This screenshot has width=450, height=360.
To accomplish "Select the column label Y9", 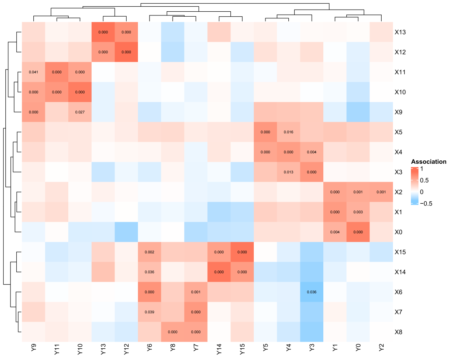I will coord(33,348).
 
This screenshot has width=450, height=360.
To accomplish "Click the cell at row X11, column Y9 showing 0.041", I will coord(33,72).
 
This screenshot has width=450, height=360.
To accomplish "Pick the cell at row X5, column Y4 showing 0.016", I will coord(288,132).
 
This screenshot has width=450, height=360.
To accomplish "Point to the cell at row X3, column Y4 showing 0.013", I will coord(288,172).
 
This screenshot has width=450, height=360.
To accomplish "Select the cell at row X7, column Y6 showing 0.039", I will coord(149,312).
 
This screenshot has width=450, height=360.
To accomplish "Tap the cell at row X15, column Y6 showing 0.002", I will coord(149,252).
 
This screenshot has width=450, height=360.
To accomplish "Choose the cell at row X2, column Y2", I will coord(381,192).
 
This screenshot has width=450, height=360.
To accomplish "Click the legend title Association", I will coord(428,162).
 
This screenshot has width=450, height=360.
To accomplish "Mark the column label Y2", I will coord(381,348).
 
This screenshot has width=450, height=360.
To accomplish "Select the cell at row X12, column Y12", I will coord(126,52).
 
